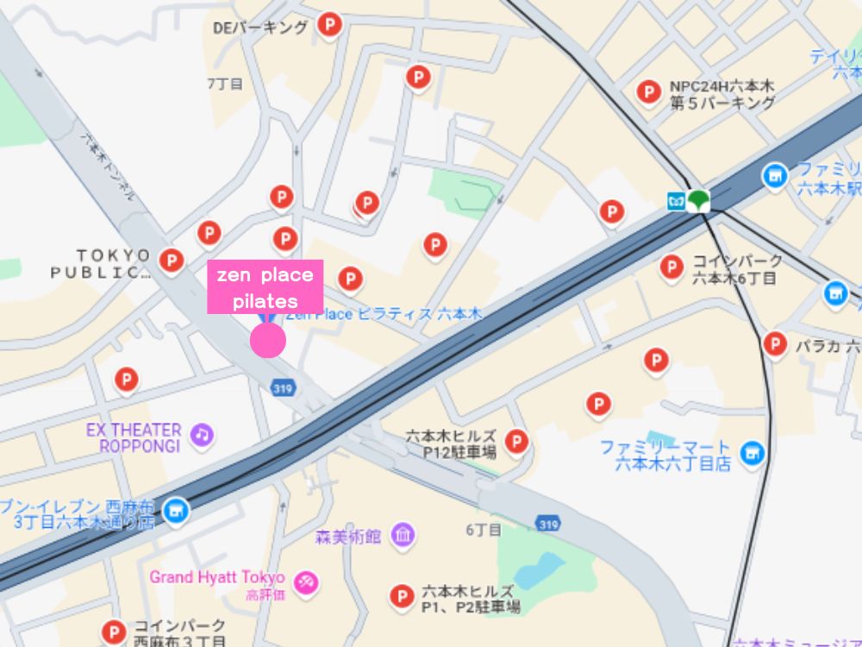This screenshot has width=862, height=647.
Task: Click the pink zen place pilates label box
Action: (x=265, y=287)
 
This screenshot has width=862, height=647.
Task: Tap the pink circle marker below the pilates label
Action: (x=268, y=341)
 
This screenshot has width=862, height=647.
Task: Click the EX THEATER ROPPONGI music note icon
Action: (x=202, y=433)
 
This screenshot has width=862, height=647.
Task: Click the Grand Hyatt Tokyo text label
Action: (x=216, y=576)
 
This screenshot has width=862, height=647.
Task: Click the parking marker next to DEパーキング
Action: (x=328, y=26)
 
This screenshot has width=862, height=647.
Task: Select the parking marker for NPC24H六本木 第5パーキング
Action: (x=648, y=91)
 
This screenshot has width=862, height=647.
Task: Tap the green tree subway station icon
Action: (x=698, y=200)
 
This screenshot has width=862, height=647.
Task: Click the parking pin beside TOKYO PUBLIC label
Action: (x=172, y=260)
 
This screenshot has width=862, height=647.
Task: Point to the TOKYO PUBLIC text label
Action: (x=101, y=264)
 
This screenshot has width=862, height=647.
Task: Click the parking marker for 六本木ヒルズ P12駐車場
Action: (x=515, y=442)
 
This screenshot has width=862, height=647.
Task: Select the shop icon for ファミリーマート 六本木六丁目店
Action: (x=753, y=451)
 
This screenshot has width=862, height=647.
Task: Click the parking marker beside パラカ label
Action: (x=775, y=344)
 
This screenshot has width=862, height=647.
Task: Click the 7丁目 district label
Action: (x=225, y=84)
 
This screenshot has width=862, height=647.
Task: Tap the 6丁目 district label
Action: (x=483, y=530)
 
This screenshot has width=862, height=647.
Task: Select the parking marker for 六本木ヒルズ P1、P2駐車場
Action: (x=401, y=595)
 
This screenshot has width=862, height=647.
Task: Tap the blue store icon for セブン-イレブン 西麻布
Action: (x=176, y=511)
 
